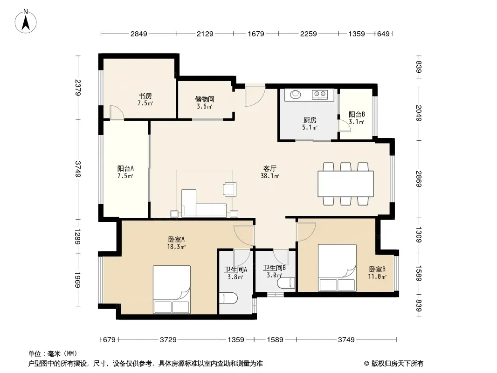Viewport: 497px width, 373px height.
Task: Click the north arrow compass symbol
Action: click(26, 21)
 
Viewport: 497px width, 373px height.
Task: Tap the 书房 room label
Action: click(145, 96)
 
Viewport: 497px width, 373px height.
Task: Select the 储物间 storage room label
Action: click(205, 99)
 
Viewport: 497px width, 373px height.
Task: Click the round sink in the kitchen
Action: click(296, 94)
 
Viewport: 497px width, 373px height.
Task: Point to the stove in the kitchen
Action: click(319, 94)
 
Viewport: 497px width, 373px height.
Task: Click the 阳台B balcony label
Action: click(357, 114)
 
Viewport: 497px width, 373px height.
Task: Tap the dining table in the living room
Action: click(345, 184)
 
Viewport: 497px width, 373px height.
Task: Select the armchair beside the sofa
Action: click(229, 189)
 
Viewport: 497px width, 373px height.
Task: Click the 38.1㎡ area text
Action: click(270, 176)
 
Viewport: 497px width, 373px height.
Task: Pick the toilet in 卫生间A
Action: click(228, 298)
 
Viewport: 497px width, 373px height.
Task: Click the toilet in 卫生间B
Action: click(286, 283)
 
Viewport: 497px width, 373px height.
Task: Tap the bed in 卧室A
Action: click(172, 290)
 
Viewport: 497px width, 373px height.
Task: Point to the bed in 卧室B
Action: click(337, 268)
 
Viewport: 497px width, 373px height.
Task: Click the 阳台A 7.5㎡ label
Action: click(125, 172)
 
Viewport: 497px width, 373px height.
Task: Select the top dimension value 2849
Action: click(139, 34)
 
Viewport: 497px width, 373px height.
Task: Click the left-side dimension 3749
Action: click(78, 169)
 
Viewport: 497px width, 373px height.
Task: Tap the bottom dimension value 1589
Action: click(275, 340)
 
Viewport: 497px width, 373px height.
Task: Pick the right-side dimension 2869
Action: click(419, 179)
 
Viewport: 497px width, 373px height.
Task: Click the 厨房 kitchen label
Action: click(310, 120)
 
